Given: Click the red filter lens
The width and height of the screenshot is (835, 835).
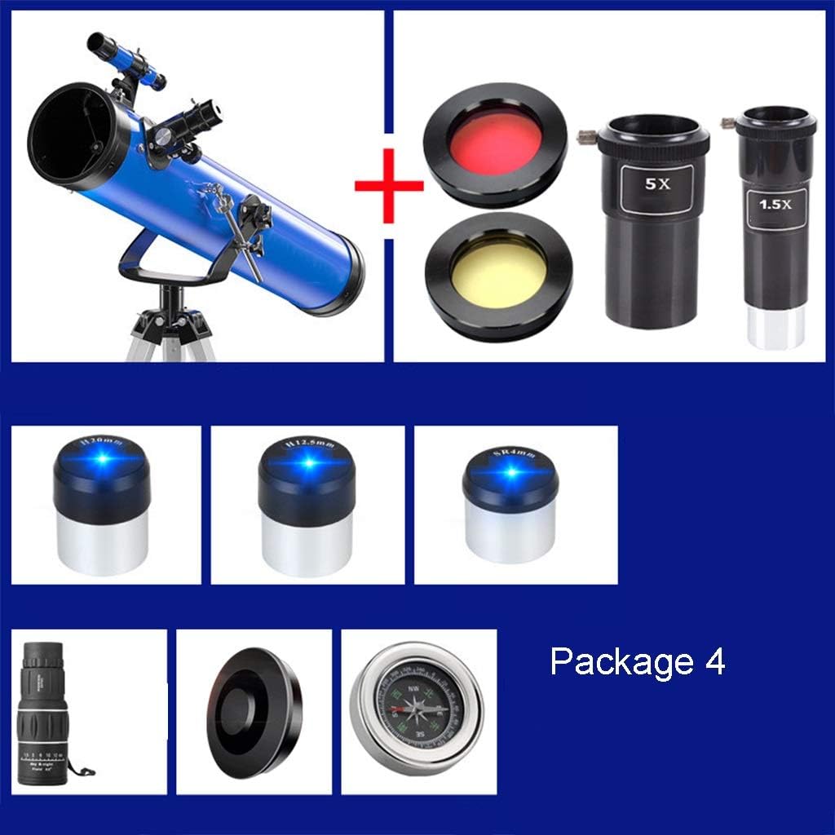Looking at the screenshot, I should coord(494,144).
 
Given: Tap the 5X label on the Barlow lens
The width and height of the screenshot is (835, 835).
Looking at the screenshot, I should coord(657,184).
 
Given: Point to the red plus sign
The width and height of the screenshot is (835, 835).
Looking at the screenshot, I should coord(389,186).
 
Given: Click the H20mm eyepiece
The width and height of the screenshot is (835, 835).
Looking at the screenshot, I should coord(102,505).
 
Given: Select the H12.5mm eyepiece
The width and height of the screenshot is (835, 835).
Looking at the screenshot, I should coord(307,505).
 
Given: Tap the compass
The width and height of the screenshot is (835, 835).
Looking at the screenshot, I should coord(417,707).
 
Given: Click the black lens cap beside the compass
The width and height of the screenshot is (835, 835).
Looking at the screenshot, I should coord(254,709).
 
